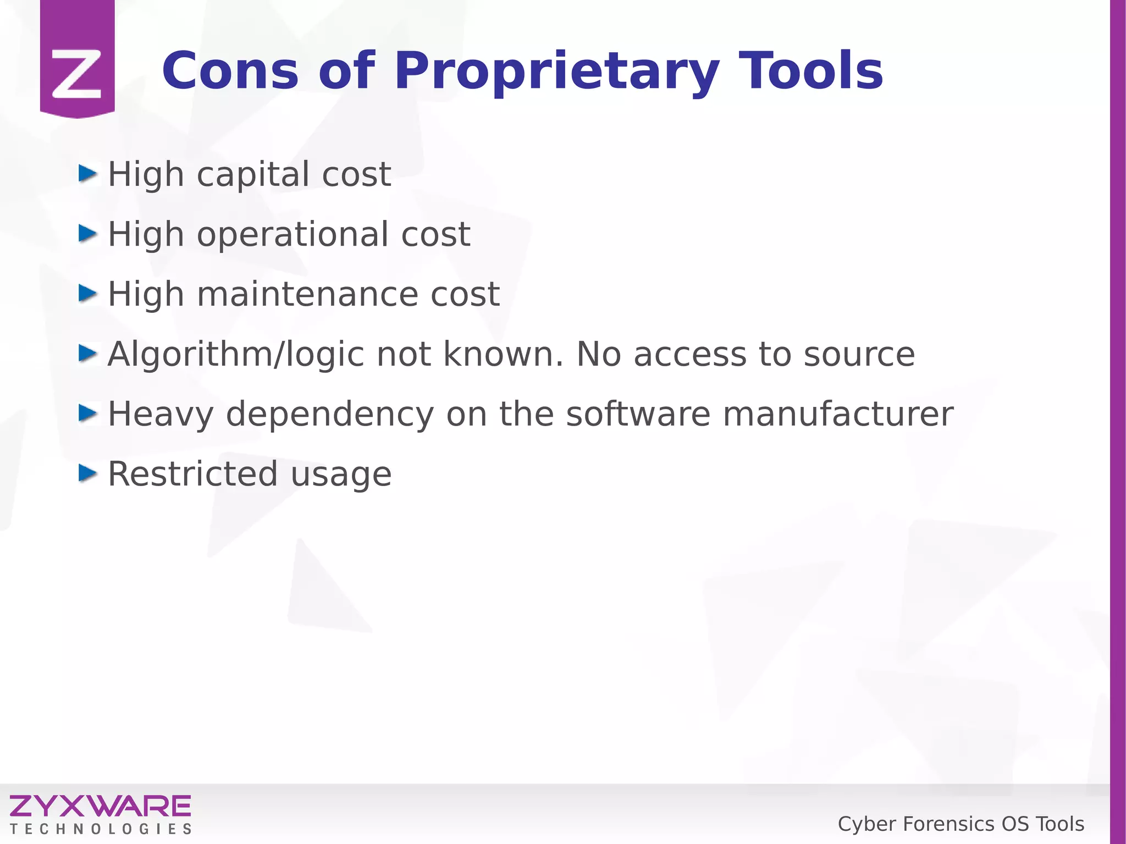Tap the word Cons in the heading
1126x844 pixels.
tap(230, 71)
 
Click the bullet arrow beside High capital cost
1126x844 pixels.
tap(87, 174)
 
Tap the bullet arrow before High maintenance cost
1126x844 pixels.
tap(87, 294)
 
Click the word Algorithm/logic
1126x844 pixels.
tap(236, 355)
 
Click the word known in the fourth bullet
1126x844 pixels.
tap(503, 355)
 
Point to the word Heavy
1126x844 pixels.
tap(161, 415)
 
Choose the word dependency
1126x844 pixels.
tap(330, 415)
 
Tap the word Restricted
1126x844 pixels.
tap(192, 474)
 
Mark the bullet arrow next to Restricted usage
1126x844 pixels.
tap(87, 473)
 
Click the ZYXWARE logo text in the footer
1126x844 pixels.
tap(100, 806)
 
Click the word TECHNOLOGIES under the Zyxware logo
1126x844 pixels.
tap(100, 829)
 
